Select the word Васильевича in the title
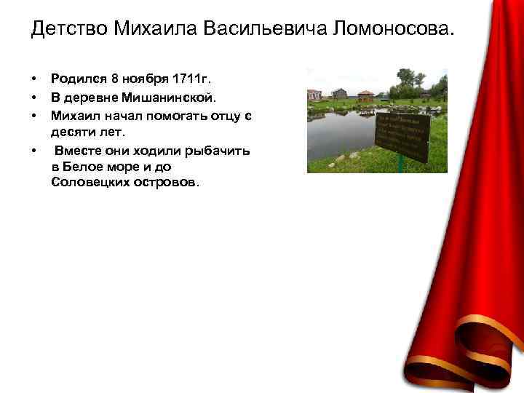pyautogui.click(x=263, y=30)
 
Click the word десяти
pyautogui.click(x=74, y=132)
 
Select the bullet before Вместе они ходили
pyautogui.click(x=33, y=151)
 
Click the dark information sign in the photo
pyautogui.click(x=401, y=136)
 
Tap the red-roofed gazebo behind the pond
pyautogui.click(x=365, y=95)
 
